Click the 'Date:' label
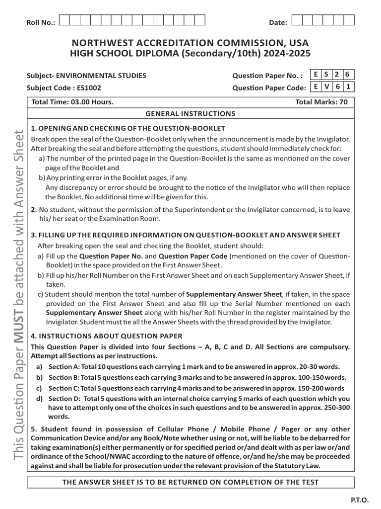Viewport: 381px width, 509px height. point(278,22)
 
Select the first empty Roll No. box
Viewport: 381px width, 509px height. point(64,20)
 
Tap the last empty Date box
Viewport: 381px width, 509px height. point(349,20)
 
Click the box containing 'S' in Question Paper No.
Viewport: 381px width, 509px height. point(326,75)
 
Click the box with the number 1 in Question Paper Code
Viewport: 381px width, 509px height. point(349,87)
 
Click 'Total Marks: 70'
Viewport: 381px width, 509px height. point(321,102)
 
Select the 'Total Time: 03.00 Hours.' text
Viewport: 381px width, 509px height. point(72,102)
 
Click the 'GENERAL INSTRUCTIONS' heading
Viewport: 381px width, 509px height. point(190,114)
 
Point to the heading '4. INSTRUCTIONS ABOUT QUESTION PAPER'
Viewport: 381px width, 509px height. point(107,336)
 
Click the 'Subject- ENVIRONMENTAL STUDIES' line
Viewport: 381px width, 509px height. point(86,76)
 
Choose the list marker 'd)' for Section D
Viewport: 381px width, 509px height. point(39,399)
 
